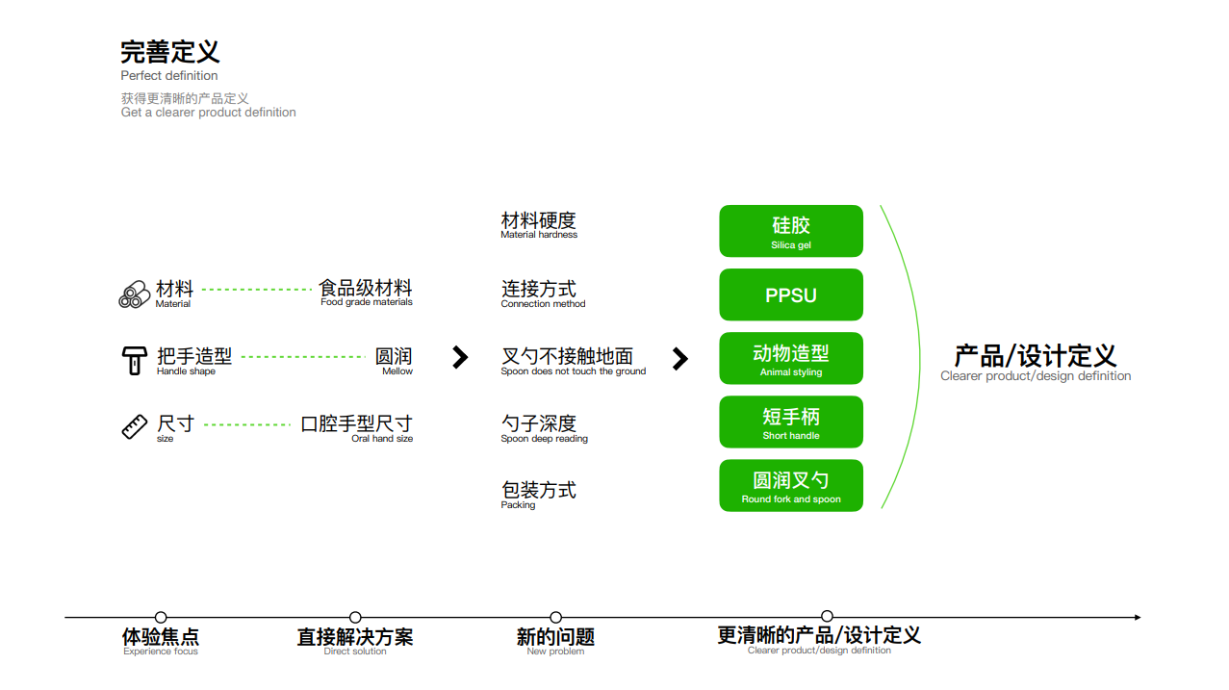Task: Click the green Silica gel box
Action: point(790,231)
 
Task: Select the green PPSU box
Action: point(790,294)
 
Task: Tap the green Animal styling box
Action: point(790,358)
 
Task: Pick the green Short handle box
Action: point(790,422)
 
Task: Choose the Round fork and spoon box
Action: point(790,485)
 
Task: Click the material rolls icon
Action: point(134,294)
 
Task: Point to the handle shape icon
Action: point(135,360)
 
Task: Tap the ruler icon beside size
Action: point(135,426)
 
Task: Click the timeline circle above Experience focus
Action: point(161,617)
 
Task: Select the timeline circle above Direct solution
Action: point(355,617)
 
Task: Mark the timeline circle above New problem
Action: point(555,617)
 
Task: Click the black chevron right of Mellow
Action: point(460,358)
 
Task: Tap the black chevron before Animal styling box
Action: point(679,359)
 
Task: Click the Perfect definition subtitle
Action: point(169,76)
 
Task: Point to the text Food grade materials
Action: point(366,302)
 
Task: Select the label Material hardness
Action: point(539,235)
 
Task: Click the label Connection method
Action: point(543,304)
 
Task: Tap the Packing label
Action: point(518,505)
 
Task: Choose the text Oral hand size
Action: point(382,439)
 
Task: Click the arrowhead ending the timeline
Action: point(1137,617)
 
